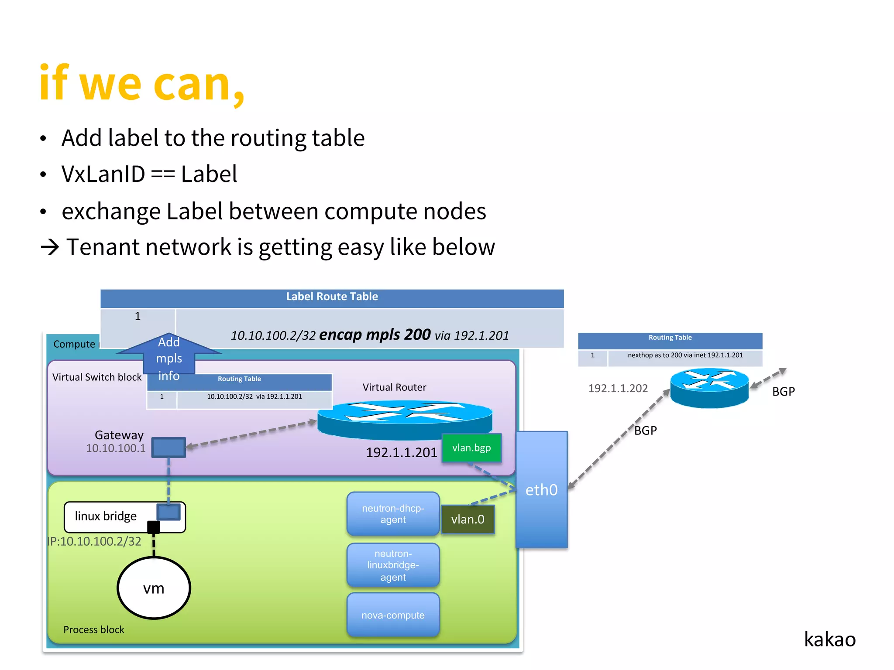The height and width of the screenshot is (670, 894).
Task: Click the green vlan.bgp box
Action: pos(471,448)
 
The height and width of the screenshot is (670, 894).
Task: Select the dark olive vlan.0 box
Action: pos(468,519)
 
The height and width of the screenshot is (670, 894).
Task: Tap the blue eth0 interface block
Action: pos(541,489)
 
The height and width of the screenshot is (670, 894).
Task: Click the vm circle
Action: pos(154,588)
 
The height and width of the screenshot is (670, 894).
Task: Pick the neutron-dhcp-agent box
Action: pos(393,514)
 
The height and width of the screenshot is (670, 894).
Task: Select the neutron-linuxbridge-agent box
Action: pos(393,565)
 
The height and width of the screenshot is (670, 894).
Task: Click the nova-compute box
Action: pos(393,615)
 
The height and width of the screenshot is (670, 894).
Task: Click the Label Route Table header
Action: pos(332,297)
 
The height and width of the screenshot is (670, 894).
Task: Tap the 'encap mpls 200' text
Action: pos(375,335)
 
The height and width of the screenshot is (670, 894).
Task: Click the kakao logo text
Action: pos(829,639)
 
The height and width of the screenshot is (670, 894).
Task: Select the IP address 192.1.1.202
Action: pos(618,388)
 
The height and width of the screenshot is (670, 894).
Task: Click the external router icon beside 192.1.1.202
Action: pos(709,387)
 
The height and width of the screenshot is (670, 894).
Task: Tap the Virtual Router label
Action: pos(394,387)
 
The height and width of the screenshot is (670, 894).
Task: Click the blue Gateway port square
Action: pos(168,448)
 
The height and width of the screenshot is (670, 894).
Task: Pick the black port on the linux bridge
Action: pos(153,527)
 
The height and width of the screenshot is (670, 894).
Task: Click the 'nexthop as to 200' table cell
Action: pos(685,356)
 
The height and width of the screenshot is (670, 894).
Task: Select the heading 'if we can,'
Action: pos(142,83)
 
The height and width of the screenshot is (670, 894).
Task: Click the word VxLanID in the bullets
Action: pos(103,174)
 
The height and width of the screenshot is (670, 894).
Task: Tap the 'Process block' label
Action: pos(93,629)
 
